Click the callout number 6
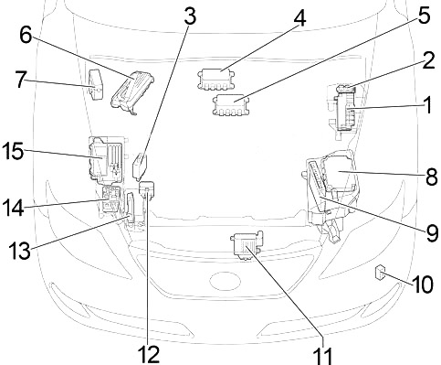pos(26,36)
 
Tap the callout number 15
pos(13,151)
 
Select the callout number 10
pos(423,284)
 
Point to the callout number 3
pos(190,16)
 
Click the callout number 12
pos(149,355)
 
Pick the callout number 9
pos(432,233)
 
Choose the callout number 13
pos(20,251)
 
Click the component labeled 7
pos(95,84)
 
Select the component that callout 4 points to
pos(216,80)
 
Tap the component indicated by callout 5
pos(231,105)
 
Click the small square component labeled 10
pos(379,272)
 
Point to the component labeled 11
pos(247,245)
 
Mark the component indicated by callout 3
pos(140,166)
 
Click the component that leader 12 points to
pos(147,188)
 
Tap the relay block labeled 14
pos(111,199)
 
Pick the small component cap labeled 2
pos(346,89)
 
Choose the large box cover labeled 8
pos(339,173)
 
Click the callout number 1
pos(428,105)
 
